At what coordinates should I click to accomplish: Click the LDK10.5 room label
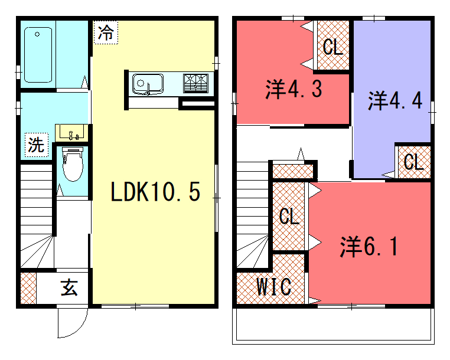[155, 192]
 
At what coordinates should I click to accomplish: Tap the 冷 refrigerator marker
[106, 32]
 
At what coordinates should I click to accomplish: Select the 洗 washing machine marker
[37, 145]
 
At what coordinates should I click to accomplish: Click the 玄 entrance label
[69, 287]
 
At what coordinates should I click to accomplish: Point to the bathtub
[38, 55]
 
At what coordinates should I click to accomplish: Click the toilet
[73, 164]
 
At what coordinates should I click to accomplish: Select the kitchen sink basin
[148, 84]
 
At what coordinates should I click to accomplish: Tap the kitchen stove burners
[195, 83]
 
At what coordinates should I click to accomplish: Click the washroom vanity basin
[71, 133]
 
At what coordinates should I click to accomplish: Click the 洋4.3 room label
[294, 89]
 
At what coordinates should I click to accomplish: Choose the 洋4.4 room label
[395, 101]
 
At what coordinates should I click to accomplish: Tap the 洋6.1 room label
[369, 247]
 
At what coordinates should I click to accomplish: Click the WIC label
[274, 287]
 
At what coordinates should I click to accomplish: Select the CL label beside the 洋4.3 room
[333, 47]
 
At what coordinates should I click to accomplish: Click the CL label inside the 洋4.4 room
[414, 162]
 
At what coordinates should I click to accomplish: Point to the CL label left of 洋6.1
[289, 216]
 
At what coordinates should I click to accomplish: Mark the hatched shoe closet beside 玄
[28, 288]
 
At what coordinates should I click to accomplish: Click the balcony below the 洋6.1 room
[333, 326]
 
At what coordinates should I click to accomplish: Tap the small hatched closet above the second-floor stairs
[292, 171]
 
